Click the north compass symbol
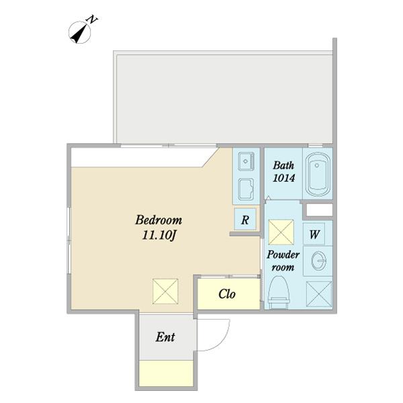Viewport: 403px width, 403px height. coord(80,32)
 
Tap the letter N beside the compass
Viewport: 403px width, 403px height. coord(93,19)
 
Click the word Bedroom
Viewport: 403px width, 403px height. coord(159,220)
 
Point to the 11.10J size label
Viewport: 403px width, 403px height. coord(159,235)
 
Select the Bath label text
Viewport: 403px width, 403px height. coord(283,165)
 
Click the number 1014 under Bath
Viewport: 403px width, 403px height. coord(283,178)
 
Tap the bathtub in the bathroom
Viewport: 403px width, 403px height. coord(318,175)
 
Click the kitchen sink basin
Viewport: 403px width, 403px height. coord(246,161)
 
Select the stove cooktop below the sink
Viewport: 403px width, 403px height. coord(246,189)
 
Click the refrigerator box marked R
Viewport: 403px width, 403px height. coord(245,219)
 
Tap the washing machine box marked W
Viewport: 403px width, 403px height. coord(314,234)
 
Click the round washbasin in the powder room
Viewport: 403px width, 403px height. coord(318,261)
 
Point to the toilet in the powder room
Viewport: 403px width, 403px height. coord(278,292)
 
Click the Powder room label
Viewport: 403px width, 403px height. coord(283,261)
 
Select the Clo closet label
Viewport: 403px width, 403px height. coord(227,294)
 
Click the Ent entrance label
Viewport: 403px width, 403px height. coord(165,337)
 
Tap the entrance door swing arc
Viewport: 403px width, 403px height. coord(222,341)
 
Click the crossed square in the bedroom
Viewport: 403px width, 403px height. coord(165,292)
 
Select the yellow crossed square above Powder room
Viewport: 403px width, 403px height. coord(281,232)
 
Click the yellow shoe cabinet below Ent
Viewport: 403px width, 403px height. coord(166,373)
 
